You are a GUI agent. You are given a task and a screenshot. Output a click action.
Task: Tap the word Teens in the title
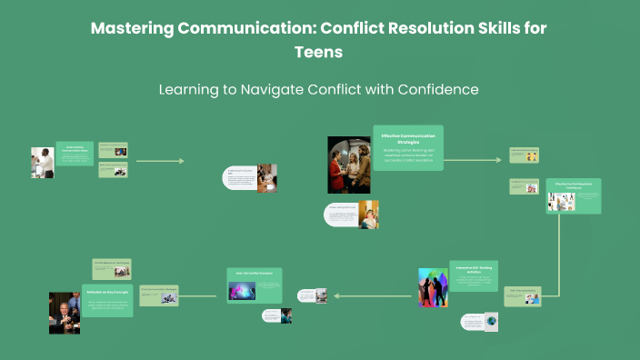pyautogui.click(x=318, y=52)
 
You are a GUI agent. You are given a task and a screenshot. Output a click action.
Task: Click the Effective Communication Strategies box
pyautogui.click(x=408, y=147)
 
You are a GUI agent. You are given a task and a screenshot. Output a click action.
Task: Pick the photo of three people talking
pyautogui.click(x=348, y=165)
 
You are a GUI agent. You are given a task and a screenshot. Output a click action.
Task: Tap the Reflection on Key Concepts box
pyautogui.click(x=108, y=299)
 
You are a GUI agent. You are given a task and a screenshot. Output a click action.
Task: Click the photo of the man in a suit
pyautogui.click(x=64, y=313)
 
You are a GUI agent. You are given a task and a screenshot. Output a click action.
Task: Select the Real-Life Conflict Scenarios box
pyautogui.click(x=255, y=284)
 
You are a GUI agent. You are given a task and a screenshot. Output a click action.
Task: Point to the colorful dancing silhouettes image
pyautogui.click(x=433, y=287)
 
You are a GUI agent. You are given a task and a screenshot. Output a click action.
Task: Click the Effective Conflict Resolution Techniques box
pyautogui.click(x=574, y=195)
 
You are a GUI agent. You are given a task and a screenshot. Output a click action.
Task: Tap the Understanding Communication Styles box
pyautogui.click(x=74, y=153)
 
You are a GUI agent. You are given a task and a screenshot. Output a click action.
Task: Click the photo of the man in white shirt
pyautogui.click(x=42, y=163)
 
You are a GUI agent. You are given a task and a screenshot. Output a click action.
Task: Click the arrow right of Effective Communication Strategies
pyautogui.click(x=473, y=159)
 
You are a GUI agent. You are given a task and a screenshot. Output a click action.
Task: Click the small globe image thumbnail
pyautogui.click(x=491, y=322)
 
